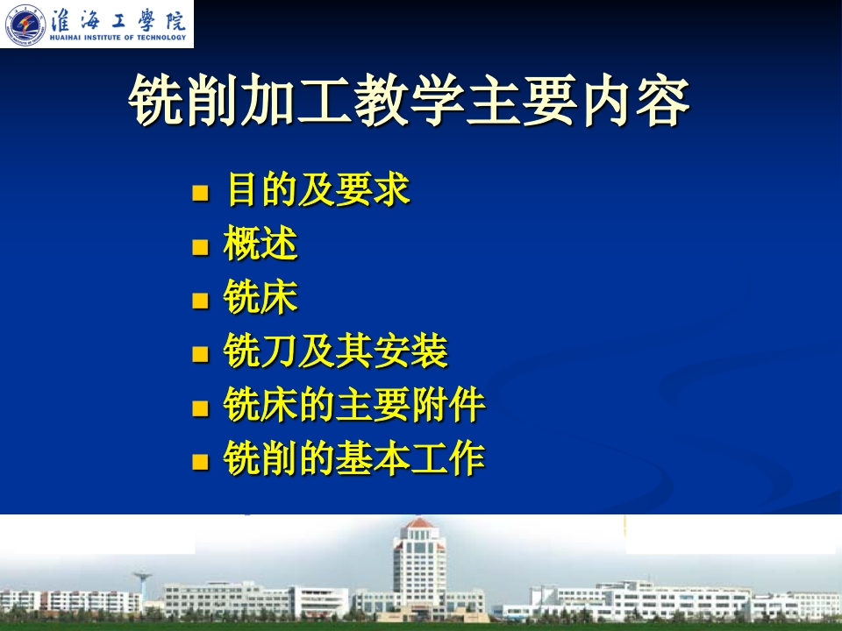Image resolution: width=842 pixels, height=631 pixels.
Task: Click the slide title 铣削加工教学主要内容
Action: pyautogui.click(x=410, y=100)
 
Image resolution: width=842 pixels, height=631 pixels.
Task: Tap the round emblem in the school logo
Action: pyautogui.click(x=25, y=25)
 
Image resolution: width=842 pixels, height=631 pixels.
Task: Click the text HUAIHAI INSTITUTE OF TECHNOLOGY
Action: pyautogui.click(x=118, y=38)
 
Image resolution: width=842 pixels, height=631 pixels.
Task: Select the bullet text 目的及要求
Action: pyautogui.click(x=318, y=189)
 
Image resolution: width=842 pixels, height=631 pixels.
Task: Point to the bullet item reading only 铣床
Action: pyautogui.click(x=260, y=297)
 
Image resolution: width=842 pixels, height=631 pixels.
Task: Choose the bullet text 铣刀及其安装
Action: pyautogui.click(x=336, y=351)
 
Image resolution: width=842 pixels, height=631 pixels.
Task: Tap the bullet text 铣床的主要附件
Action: pyautogui.click(x=354, y=404)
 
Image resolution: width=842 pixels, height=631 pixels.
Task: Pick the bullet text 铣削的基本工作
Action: pyautogui.click(x=354, y=457)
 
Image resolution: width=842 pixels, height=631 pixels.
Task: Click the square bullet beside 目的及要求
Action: pyautogui.click(x=200, y=193)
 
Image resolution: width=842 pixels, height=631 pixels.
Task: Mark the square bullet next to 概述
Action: pyautogui.click(x=200, y=247)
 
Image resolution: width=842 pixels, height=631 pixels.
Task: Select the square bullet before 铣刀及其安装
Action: pyautogui.click(x=200, y=354)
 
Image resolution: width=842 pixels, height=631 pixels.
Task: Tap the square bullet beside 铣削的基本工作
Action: pyautogui.click(x=200, y=462)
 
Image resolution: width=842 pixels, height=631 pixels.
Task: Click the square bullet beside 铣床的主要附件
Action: pyautogui.click(x=200, y=408)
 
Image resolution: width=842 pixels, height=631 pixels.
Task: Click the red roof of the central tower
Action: pyautogui.click(x=419, y=522)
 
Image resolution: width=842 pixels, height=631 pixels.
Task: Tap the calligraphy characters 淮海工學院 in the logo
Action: pyautogui.click(x=118, y=19)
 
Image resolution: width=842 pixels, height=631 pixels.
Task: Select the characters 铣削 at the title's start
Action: pyautogui.click(x=182, y=100)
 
